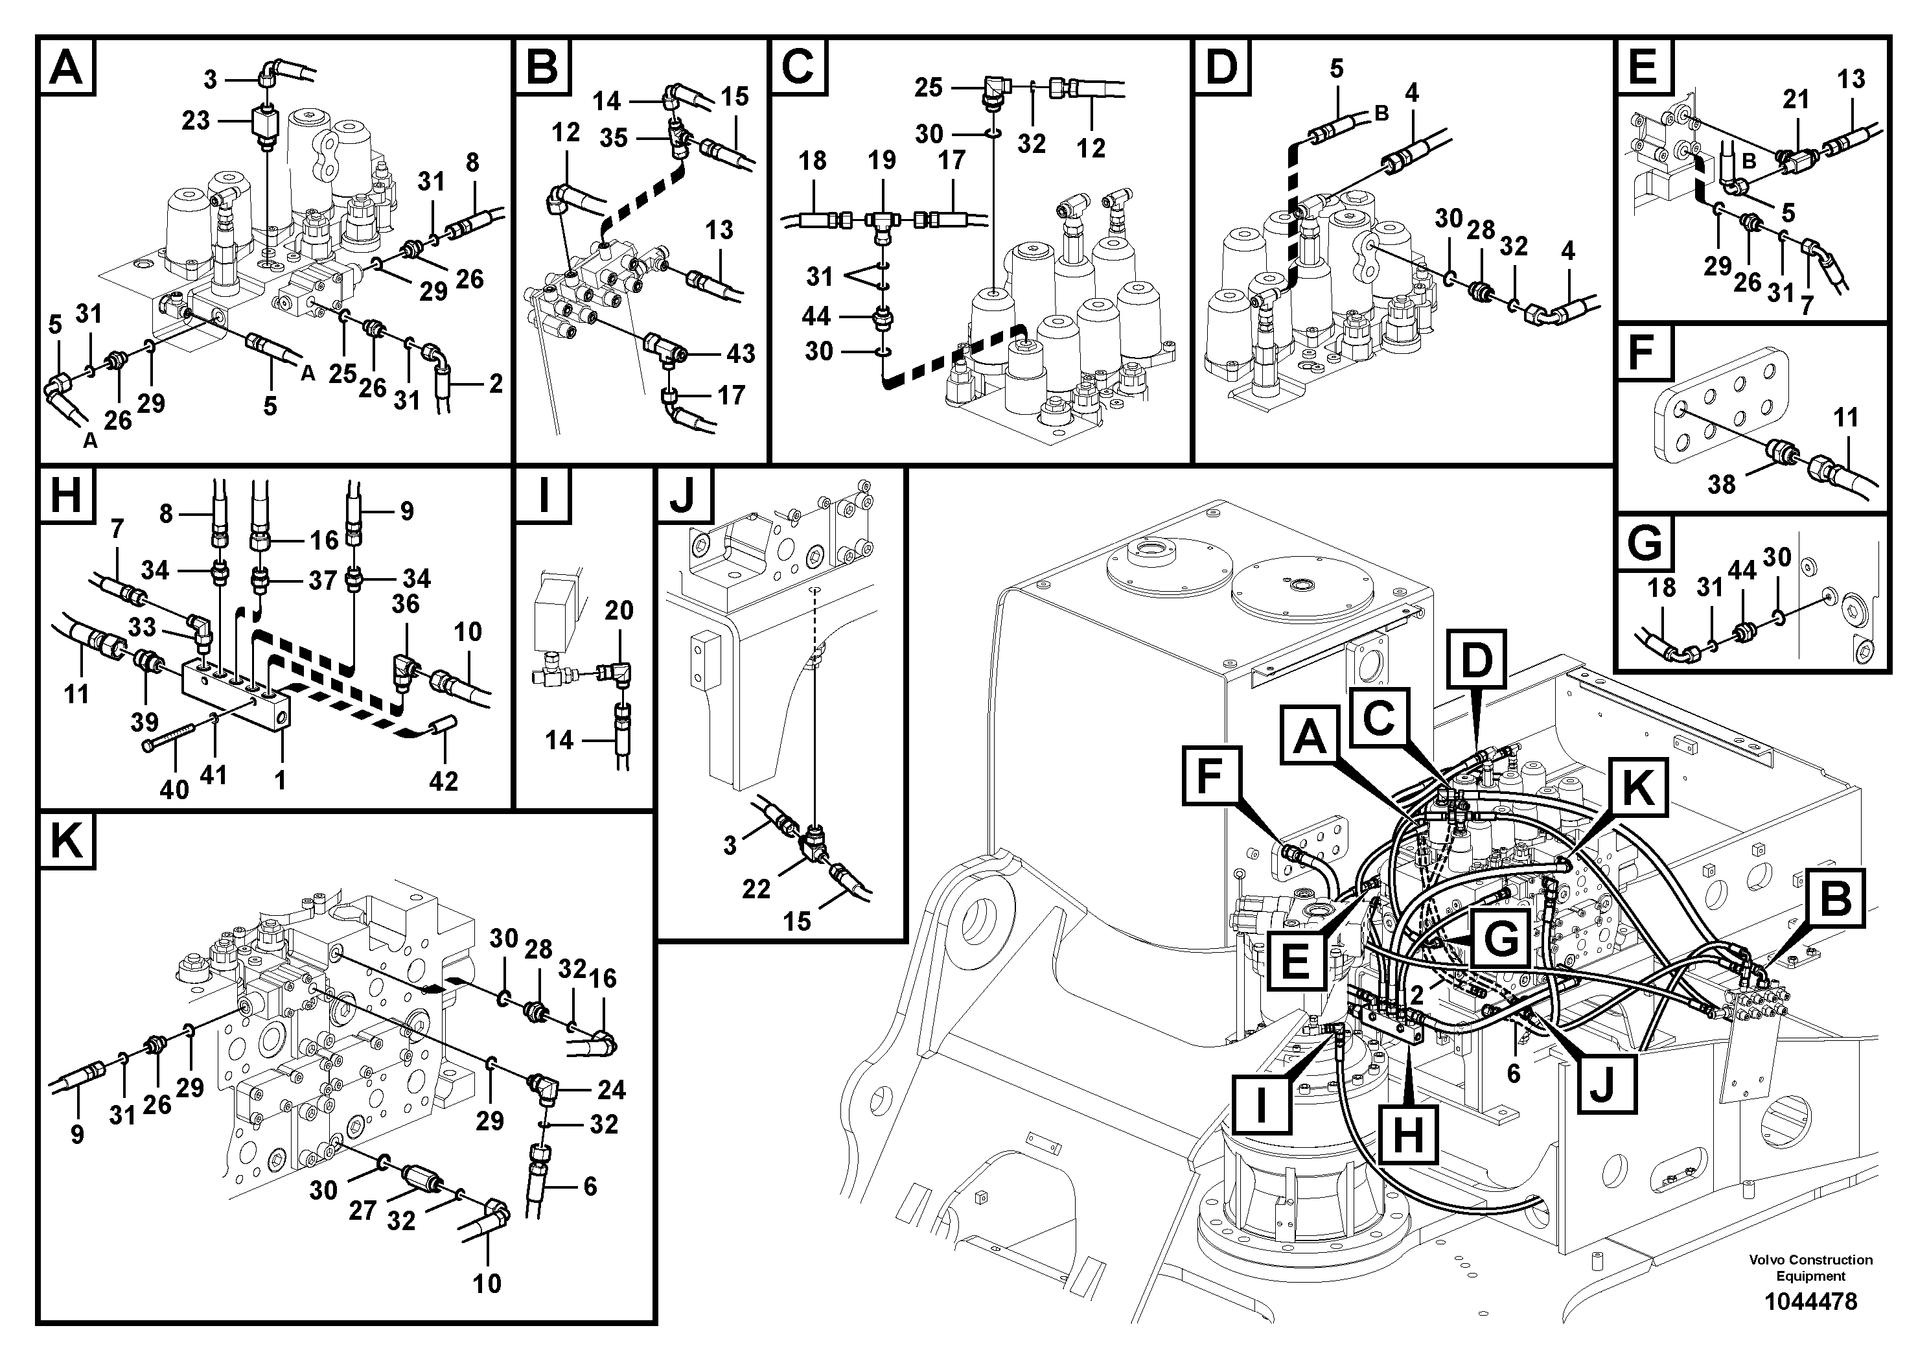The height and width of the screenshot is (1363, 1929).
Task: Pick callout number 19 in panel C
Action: [x=881, y=161]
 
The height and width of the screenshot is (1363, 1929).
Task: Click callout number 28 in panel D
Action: [x=1481, y=230]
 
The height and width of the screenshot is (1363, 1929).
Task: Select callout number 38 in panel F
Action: [x=1720, y=484]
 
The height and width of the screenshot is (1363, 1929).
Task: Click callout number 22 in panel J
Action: [x=756, y=889]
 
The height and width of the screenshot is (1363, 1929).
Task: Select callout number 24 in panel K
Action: [x=611, y=1090]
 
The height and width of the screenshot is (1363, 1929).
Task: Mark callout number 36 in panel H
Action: [x=405, y=603]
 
